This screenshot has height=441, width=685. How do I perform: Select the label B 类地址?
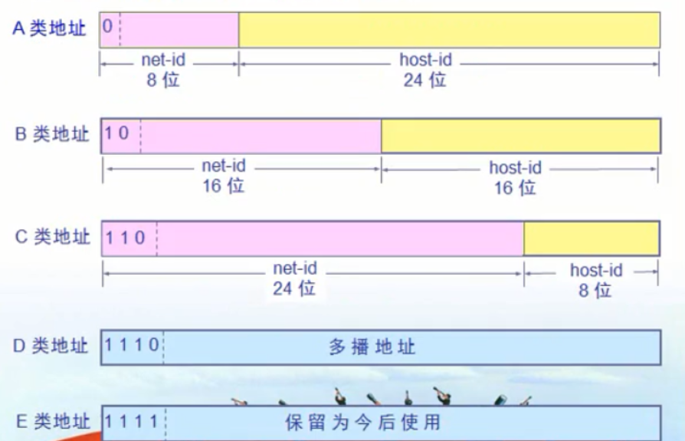click(x=53, y=134)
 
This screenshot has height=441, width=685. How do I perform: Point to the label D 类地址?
click(x=51, y=346)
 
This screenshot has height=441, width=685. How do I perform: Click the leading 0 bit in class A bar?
click(x=107, y=27)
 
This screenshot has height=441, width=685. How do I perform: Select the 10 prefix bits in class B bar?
click(x=117, y=133)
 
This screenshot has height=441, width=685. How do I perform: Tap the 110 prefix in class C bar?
click(x=125, y=237)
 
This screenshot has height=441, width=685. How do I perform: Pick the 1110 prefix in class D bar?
click(x=132, y=346)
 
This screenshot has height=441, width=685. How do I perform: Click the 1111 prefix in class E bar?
click(x=132, y=421)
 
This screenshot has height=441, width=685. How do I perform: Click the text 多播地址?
click(x=372, y=347)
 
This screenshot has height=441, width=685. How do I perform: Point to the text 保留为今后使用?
click(x=363, y=422)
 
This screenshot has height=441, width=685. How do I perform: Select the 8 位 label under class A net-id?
click(x=163, y=79)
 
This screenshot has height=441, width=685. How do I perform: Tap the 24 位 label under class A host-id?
click(x=424, y=79)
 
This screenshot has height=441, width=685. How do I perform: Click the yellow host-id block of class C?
click(x=591, y=237)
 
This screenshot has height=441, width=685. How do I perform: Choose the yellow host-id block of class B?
click(x=520, y=135)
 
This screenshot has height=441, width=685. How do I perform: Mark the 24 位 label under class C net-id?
click(x=294, y=288)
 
